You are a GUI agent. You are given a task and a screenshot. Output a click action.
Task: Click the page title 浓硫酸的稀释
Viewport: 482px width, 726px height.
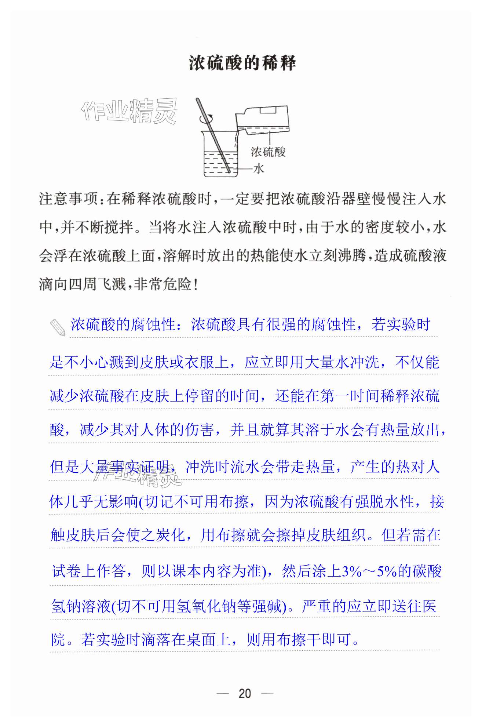(242, 63)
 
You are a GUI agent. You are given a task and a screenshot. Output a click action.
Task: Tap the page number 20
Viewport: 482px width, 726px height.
(245, 693)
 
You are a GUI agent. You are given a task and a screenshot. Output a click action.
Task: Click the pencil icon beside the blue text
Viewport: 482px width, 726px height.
(57, 327)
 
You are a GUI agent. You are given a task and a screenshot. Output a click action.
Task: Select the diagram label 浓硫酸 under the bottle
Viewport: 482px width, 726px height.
(268, 152)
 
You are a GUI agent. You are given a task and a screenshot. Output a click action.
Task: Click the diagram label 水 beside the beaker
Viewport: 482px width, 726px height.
(259, 168)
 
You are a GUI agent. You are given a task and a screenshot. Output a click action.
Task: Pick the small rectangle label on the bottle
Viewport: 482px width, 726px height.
(269, 110)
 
